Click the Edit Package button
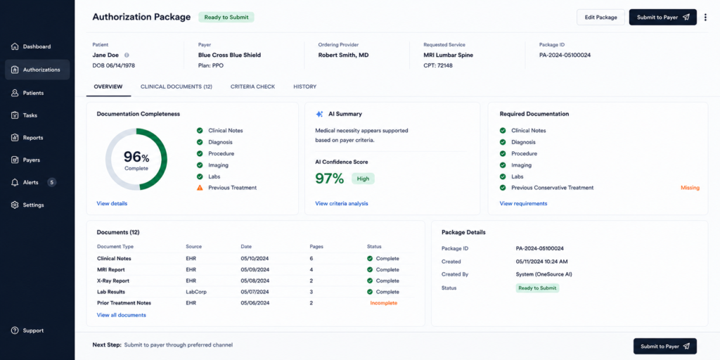point(600,18)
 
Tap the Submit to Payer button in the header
point(662,18)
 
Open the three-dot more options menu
point(706,18)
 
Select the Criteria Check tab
point(252,86)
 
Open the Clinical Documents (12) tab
point(176,86)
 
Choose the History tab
point(305,86)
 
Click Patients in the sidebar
point(33,93)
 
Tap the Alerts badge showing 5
point(52,182)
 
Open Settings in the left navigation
point(33,205)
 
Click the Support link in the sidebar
point(33,330)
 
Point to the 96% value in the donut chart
point(136,157)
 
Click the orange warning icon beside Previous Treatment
point(200,188)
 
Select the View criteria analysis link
point(342,203)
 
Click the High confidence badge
point(364,179)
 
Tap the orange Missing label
point(690,188)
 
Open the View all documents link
point(121,315)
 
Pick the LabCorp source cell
point(196,292)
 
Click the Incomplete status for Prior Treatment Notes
point(383,303)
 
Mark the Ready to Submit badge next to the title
point(226,18)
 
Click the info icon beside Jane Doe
point(127,55)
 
